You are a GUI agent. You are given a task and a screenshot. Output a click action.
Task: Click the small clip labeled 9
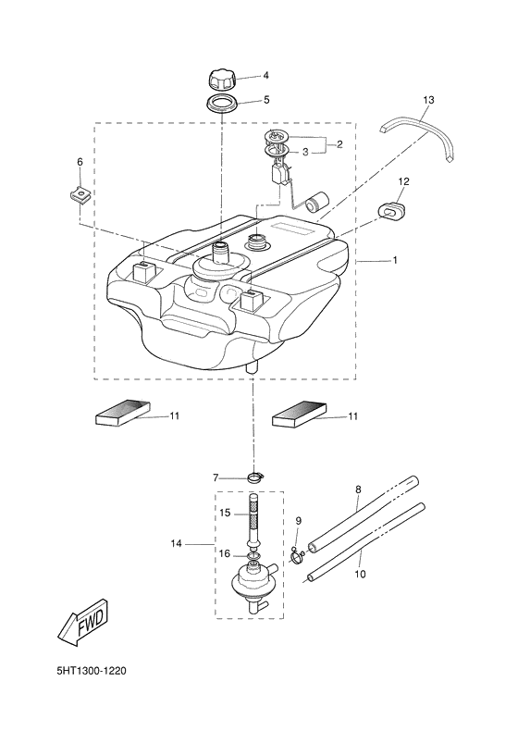(298, 557)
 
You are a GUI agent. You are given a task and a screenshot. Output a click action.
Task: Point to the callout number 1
(395, 261)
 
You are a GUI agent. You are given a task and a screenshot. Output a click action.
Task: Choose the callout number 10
(360, 574)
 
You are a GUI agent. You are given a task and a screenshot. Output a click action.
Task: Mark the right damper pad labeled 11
(300, 415)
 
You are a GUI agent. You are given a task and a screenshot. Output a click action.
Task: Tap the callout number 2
(339, 144)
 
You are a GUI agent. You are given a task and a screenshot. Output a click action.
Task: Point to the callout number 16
(225, 553)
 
